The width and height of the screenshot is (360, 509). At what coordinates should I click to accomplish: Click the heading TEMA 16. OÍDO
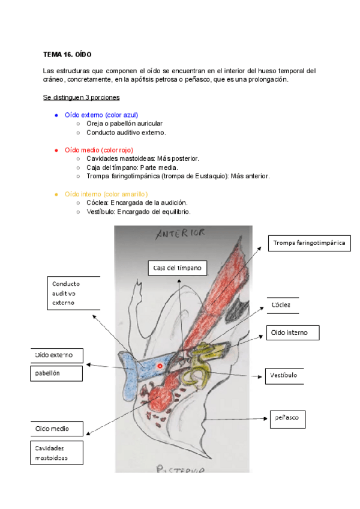(x=67, y=55)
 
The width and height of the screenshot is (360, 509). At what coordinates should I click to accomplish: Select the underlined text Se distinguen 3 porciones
(x=81, y=97)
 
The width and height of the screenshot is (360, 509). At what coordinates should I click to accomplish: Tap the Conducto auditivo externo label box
(x=73, y=294)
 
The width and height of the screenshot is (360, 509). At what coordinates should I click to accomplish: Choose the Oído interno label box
(x=292, y=333)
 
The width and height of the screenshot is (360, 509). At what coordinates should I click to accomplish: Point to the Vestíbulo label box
(x=281, y=376)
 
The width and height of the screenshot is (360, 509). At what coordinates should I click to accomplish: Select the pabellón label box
(x=56, y=373)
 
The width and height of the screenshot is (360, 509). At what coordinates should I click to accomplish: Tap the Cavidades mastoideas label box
(x=56, y=453)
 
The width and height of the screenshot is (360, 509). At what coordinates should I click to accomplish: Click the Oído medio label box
(x=56, y=429)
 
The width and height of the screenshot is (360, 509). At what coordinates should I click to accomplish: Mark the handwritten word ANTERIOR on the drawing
(x=181, y=233)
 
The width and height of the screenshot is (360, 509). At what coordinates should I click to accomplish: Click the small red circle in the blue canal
(x=160, y=365)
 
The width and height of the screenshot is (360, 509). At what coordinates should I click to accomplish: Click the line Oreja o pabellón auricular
(x=124, y=124)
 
